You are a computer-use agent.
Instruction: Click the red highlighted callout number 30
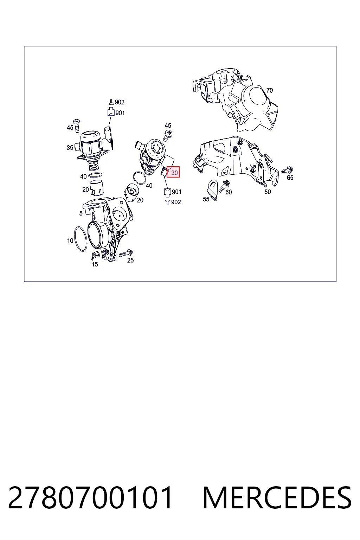173,172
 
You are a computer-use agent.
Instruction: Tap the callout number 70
270,90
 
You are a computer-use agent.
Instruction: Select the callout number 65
290,178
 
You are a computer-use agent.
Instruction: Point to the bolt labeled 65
287,170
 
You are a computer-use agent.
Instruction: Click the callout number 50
268,192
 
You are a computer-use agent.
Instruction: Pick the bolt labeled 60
224,186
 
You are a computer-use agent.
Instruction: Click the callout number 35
70,148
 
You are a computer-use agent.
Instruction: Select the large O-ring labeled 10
81,239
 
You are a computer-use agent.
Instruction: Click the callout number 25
130,261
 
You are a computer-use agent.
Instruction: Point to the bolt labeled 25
126,253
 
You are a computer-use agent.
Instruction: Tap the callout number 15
95,264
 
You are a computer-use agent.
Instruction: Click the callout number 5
81,213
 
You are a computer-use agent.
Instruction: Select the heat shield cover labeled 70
235,100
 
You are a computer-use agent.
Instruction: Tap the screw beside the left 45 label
77,126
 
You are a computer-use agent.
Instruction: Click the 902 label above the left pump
120,102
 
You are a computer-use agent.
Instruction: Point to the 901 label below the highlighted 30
176,192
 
